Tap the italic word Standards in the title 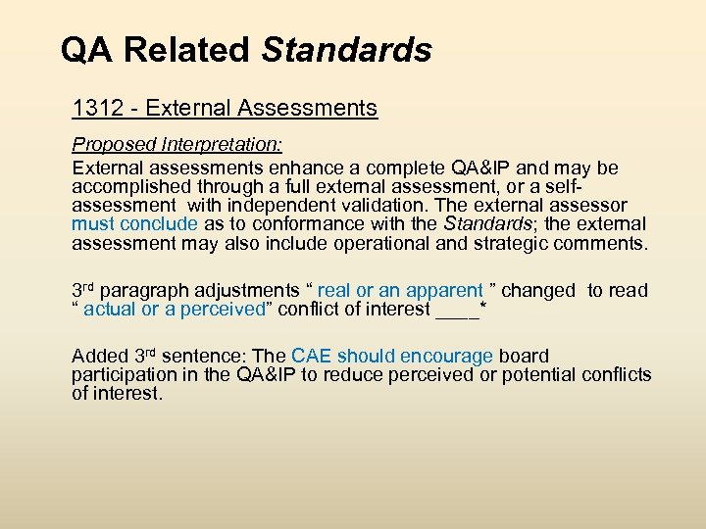coord(347,49)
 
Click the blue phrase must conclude coord(134,224)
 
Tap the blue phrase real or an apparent coord(400,291)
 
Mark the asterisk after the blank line coord(483,307)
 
